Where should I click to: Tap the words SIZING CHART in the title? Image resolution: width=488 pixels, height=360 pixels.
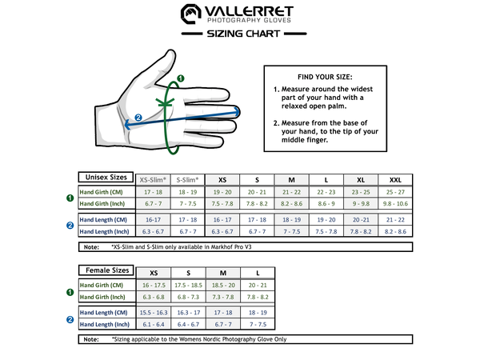pos(243,34)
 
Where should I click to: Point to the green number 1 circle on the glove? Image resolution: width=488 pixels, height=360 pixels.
pos(180,78)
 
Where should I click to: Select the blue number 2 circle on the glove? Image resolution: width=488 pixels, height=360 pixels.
pos(138,118)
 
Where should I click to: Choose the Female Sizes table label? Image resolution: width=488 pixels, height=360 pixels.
pos(106,270)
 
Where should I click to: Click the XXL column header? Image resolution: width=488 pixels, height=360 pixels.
pos(394,179)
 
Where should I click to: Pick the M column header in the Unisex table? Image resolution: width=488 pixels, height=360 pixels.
pos(291,179)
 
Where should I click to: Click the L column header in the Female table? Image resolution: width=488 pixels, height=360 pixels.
pos(257,273)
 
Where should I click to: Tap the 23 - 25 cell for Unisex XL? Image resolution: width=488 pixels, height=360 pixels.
pos(360,193)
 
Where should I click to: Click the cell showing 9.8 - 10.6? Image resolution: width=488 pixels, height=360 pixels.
pos(394,204)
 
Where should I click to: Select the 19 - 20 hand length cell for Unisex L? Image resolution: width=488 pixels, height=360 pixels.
pos(326,219)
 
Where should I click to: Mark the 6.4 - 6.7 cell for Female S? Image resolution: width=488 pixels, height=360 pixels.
pos(188,324)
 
